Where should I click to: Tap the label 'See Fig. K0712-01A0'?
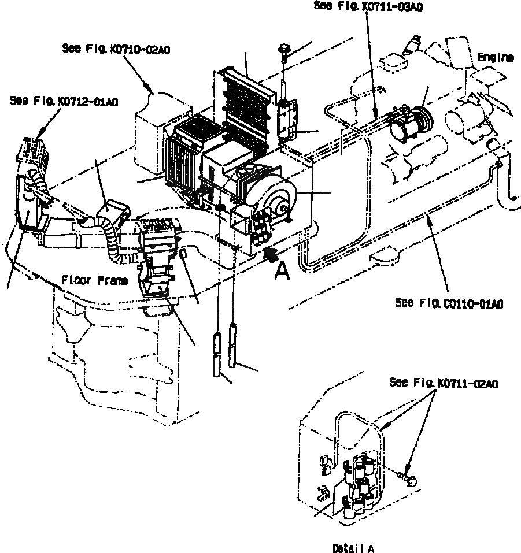(64, 101)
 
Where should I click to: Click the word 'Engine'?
(496, 57)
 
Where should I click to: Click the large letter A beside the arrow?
(282, 270)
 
